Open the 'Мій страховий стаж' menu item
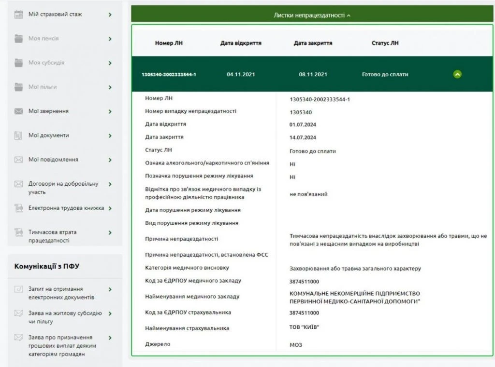[x=55, y=14]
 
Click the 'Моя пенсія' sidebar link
[x=44, y=39]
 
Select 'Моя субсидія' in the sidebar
[x=46, y=63]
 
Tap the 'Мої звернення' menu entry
[x=48, y=111]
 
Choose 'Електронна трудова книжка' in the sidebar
[x=66, y=208]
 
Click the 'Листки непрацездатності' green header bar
[x=312, y=15]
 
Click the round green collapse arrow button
[x=457, y=74]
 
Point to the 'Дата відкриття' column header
[x=241, y=43]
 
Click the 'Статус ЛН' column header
[x=385, y=43]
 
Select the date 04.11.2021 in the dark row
[x=241, y=74]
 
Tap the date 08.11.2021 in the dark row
[x=313, y=74]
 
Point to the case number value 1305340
[x=301, y=112]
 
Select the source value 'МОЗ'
[x=296, y=345]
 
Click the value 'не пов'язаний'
[x=308, y=194]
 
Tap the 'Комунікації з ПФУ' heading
[x=47, y=266]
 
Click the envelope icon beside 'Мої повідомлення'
[x=19, y=160]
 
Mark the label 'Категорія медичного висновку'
[x=187, y=268]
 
